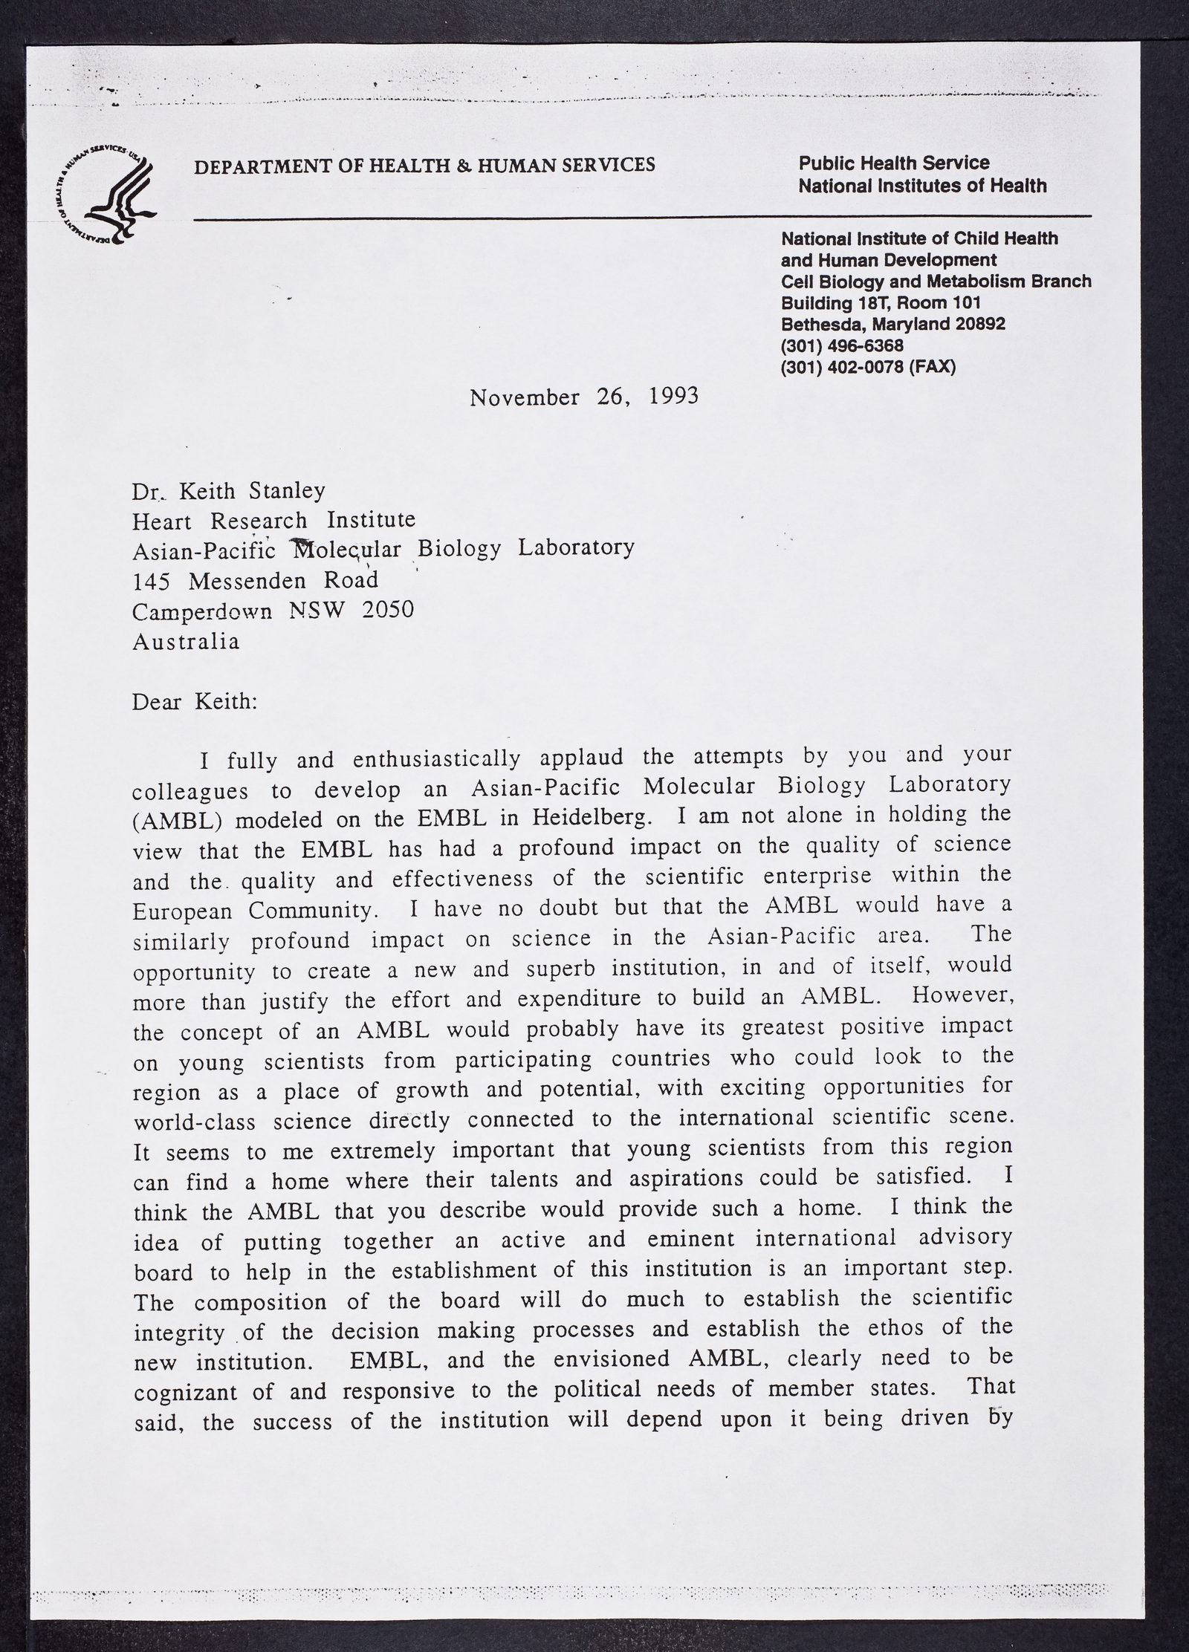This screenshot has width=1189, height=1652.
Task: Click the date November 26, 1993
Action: point(584,397)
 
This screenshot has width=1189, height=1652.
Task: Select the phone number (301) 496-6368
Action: point(842,345)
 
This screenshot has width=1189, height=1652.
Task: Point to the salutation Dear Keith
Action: point(195,702)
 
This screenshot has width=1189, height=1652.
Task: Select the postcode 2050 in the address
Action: point(387,610)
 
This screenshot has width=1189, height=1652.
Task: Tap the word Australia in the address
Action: point(186,641)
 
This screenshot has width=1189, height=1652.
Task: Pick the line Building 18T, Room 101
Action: point(881,303)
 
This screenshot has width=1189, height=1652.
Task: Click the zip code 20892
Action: point(974,324)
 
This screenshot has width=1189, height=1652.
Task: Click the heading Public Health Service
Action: point(894,163)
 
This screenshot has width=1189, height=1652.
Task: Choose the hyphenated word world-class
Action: point(197,1120)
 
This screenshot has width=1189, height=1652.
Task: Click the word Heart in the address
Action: point(161,521)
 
